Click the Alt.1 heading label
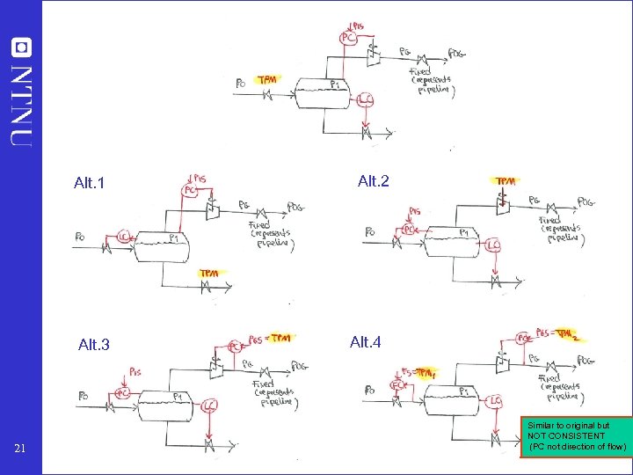[x=90, y=184]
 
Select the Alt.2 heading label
[x=374, y=181]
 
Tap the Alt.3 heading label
[x=94, y=345]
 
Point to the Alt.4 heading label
[x=366, y=341]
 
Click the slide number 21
[x=25, y=450]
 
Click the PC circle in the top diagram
[x=348, y=38]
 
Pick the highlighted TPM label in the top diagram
[x=267, y=79]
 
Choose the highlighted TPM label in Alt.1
[x=209, y=274]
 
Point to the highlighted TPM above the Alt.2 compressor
[x=506, y=181]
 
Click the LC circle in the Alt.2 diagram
[x=493, y=245]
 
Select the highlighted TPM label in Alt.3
[x=280, y=338]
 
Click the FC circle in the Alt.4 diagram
[x=397, y=384]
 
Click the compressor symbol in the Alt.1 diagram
[x=211, y=208]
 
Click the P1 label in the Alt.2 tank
[x=464, y=232]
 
